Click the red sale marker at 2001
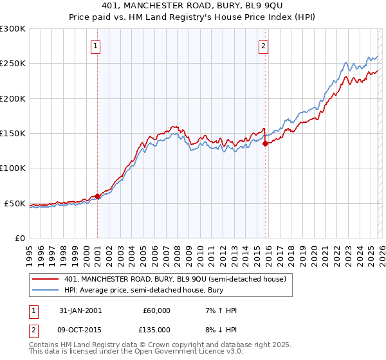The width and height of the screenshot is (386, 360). click(97, 196)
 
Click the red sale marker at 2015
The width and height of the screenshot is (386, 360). click(265, 144)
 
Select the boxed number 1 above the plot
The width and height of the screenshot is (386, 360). click(95, 46)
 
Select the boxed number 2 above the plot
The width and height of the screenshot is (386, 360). click(264, 46)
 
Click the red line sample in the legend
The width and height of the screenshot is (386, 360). click(46, 278)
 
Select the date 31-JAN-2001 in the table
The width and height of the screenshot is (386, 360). click(78, 310)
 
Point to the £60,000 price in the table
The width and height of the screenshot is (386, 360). click(156, 310)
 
